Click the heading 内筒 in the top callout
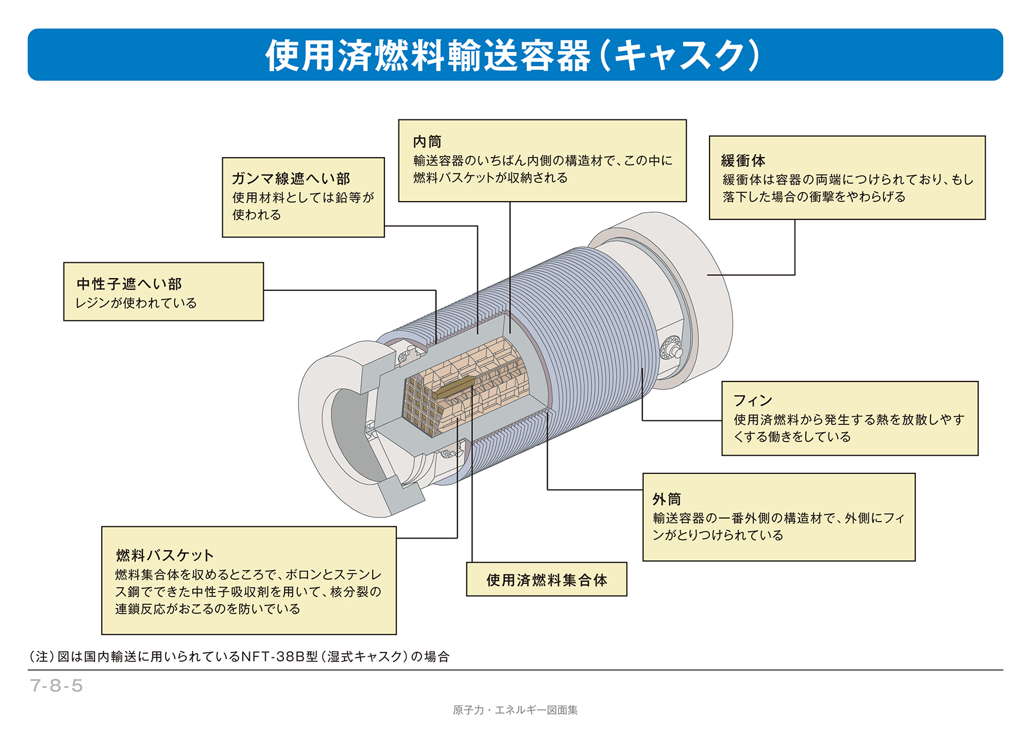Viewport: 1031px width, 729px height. (427, 142)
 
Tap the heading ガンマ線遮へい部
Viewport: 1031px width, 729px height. (290, 178)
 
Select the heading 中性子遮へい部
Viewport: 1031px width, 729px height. (129, 284)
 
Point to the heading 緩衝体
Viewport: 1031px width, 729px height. (743, 160)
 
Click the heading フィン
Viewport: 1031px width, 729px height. (752, 400)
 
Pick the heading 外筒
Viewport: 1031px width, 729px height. (667, 499)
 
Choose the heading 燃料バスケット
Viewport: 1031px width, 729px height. (165, 555)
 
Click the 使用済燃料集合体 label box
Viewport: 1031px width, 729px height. (546, 580)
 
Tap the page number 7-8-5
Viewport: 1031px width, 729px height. (56, 685)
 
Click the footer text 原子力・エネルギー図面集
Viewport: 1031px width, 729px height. (515, 710)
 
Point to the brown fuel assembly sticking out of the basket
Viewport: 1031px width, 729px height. (454, 387)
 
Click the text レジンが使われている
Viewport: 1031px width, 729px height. (136, 303)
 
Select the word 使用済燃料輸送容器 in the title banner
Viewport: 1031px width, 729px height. (427, 56)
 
